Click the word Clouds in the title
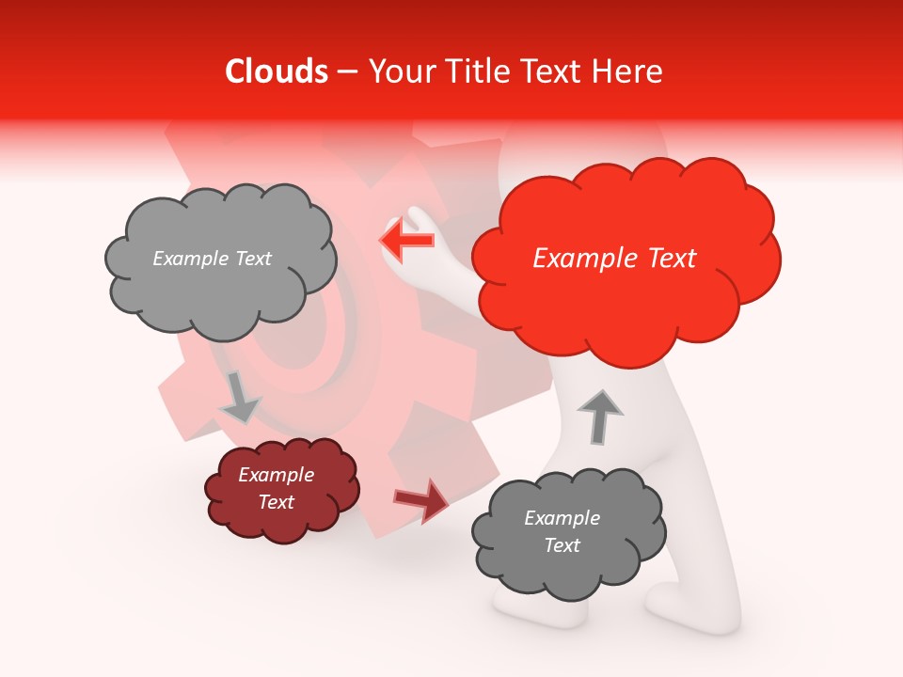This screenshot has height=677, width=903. pos(277,71)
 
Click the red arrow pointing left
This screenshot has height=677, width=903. pos(406,240)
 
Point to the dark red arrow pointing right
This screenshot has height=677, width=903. pos(422,499)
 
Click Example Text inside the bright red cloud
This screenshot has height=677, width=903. pos(614,259)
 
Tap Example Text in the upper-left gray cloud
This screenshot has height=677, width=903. pos(212,259)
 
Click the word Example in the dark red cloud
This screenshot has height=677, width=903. pos(276,475)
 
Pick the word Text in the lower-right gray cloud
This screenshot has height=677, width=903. pos(562,545)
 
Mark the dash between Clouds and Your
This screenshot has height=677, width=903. pos(346,72)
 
